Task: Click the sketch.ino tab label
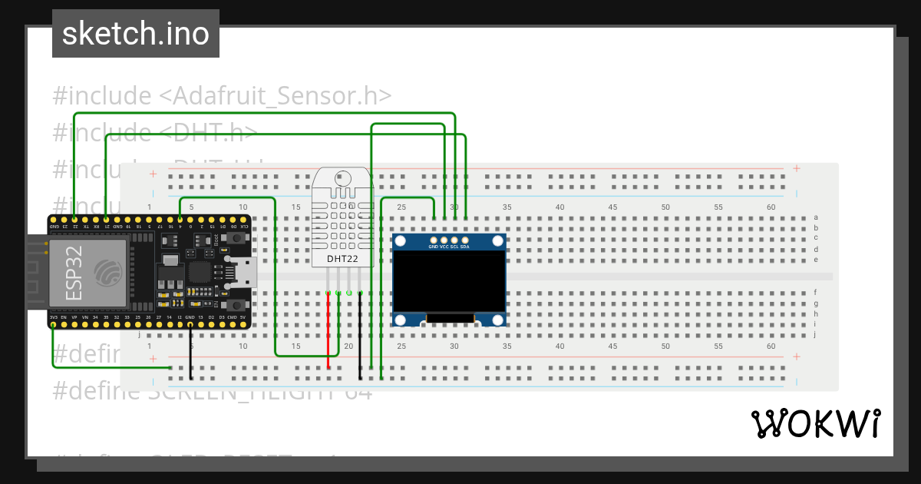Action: [x=136, y=34]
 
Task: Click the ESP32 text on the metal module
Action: [x=74, y=273]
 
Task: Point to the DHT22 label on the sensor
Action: [x=342, y=259]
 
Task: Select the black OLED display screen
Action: [x=449, y=280]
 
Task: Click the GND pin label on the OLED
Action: [x=434, y=247]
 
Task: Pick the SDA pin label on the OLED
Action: [x=465, y=247]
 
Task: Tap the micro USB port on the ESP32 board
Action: [x=246, y=273]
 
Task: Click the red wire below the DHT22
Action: [x=328, y=330]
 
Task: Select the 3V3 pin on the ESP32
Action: [x=53, y=317]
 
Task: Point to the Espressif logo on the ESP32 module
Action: [x=107, y=272]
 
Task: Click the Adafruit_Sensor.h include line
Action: [x=223, y=96]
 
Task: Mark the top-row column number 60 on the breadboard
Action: [x=771, y=207]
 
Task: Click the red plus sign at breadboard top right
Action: [x=797, y=168]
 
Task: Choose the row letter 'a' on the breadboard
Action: [x=815, y=217]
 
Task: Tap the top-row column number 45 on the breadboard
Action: [x=612, y=207]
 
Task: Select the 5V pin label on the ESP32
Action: [x=243, y=317]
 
